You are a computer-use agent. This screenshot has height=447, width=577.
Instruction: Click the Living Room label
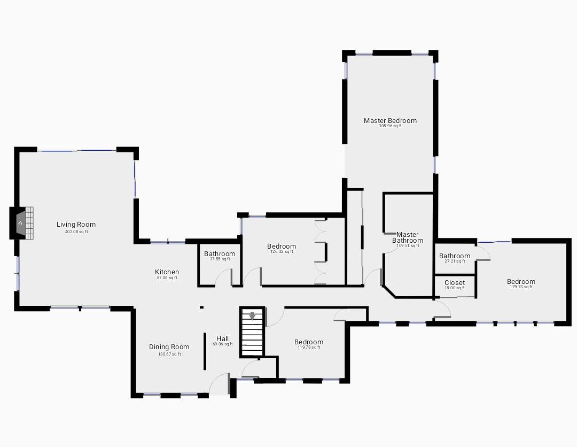tap(76, 224)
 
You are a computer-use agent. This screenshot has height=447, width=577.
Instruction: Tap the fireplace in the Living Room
tap(21, 223)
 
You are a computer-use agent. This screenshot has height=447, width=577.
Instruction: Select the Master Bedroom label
tap(390, 120)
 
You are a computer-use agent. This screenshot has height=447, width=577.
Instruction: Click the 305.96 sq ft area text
tap(390, 126)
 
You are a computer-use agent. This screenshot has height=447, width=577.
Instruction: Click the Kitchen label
tap(167, 272)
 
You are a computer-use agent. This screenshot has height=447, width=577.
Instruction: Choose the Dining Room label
tap(169, 347)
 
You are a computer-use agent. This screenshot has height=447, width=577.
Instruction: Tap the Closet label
tap(455, 283)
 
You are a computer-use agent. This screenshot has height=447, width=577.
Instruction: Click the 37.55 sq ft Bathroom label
tap(220, 253)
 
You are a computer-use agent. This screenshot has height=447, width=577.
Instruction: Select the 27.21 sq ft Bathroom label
tap(455, 256)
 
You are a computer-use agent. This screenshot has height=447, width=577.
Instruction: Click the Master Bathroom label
tap(407, 237)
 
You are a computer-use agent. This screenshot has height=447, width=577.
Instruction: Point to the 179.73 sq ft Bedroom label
tap(521, 282)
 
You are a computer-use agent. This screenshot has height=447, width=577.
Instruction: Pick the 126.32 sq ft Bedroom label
tap(282, 246)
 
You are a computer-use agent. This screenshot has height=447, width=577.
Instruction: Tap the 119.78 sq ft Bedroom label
tap(309, 342)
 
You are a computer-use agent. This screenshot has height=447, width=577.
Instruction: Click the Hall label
tap(223, 339)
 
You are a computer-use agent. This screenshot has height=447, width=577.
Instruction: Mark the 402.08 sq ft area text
tap(76, 232)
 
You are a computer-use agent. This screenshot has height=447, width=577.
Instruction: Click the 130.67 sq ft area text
tap(169, 354)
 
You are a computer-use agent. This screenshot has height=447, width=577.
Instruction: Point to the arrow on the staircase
tap(252, 316)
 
